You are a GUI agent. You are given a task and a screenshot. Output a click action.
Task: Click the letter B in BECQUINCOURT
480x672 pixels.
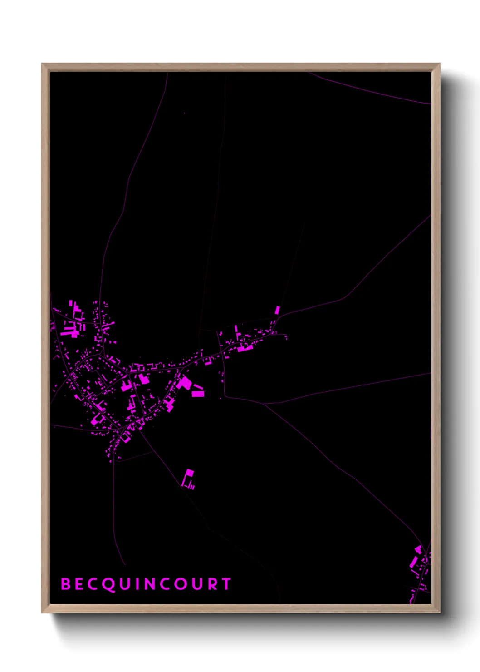pyautogui.click(x=66, y=584)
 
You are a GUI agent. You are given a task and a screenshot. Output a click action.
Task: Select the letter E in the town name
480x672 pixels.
pyautogui.click(x=79, y=584)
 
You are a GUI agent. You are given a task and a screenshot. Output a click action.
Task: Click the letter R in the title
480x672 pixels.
pyautogui.click(x=212, y=584)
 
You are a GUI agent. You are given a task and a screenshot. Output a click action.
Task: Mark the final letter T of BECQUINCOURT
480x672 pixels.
pyautogui.click(x=226, y=584)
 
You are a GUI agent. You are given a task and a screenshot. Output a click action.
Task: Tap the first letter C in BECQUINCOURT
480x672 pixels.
pyautogui.click(x=93, y=584)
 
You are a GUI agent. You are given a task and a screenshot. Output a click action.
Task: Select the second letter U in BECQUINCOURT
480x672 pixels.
pyautogui.click(x=197, y=584)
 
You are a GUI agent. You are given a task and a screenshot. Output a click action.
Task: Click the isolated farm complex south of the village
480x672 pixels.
pyautogui.click(x=188, y=479)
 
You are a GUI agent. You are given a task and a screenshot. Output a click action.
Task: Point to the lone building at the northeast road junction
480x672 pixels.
pyautogui.click(x=278, y=310)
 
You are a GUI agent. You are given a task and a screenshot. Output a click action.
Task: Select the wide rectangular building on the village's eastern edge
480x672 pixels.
pyautogui.click(x=198, y=394)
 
